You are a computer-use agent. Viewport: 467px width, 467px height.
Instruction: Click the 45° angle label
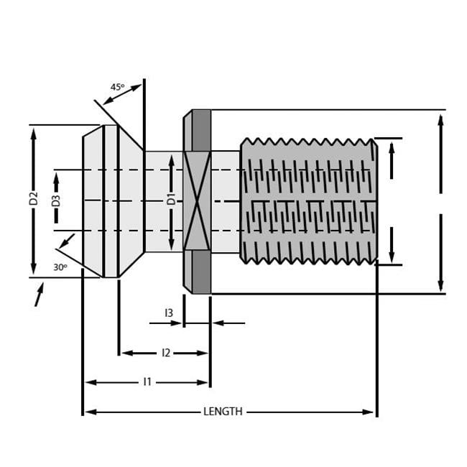(x=117, y=87)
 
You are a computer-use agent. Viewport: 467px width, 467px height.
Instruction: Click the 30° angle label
(x=60, y=267)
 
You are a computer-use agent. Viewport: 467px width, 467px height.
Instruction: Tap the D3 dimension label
(x=56, y=200)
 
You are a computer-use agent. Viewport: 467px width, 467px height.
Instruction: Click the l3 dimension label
(x=169, y=313)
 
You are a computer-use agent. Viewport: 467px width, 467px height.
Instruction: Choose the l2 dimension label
(x=165, y=353)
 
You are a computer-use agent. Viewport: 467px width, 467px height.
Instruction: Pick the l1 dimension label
(x=147, y=382)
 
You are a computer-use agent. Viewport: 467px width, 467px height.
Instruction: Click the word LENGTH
(x=223, y=412)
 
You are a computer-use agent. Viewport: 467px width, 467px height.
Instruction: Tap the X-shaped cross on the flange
(x=196, y=201)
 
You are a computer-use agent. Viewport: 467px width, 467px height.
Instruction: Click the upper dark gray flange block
(x=201, y=130)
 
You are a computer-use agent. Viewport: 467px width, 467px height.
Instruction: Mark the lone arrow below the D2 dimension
(x=39, y=294)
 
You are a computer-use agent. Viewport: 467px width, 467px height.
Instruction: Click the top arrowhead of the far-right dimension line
(x=440, y=119)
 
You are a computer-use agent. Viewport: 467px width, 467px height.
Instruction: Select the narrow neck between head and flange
(x=162, y=201)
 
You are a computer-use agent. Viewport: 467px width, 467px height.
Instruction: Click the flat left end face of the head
(x=84, y=201)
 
